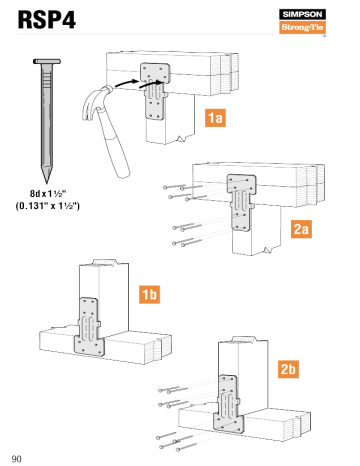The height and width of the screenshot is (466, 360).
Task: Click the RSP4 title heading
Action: pos(45,23)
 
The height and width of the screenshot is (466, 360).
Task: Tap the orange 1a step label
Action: pos(214,118)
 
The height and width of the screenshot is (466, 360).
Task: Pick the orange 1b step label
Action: pos(148,294)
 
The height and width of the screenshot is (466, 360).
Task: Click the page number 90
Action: pos(17,458)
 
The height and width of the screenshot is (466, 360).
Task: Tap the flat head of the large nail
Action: pos(46,63)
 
